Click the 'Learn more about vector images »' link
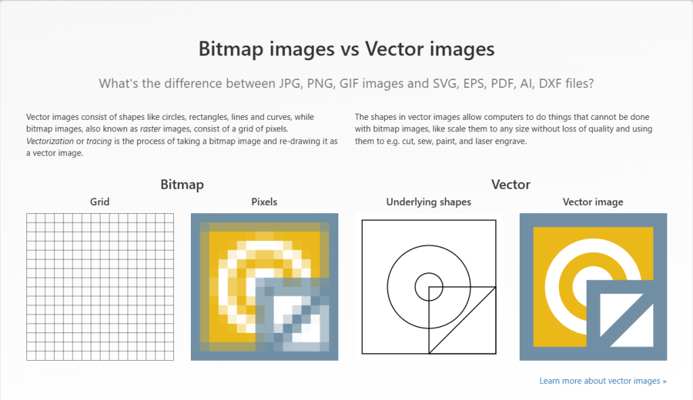pos(602,381)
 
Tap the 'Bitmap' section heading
pos(182,184)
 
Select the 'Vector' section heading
pos(510,184)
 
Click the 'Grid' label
pos(99,202)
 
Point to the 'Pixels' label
pos(264,202)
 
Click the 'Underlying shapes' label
pos(428,202)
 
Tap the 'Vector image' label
pos(593,202)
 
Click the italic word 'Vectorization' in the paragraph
pos(51,141)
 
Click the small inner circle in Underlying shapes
pos(428,286)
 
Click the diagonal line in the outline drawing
pos(460,321)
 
